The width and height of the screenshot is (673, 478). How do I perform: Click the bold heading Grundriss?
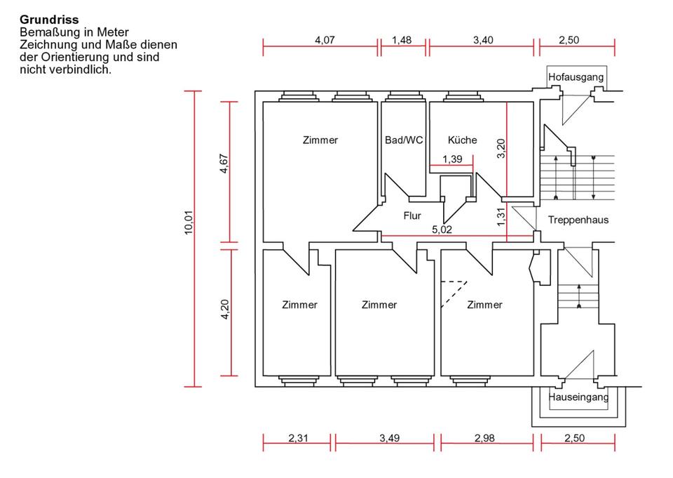pyautogui.click(x=49, y=20)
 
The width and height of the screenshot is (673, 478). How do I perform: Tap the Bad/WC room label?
pyautogui.click(x=404, y=140)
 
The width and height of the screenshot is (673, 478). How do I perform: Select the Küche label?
pyautogui.click(x=462, y=140)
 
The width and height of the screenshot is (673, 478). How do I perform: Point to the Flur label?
pyautogui.click(x=412, y=215)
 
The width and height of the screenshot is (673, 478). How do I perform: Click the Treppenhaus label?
pyautogui.click(x=578, y=220)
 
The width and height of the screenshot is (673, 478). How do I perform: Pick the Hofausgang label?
pyautogui.click(x=576, y=77)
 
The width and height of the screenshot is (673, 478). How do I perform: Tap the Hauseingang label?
pyautogui.click(x=578, y=397)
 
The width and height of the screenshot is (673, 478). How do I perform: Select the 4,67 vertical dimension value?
pyautogui.click(x=224, y=172)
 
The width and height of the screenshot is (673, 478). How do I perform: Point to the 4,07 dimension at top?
pyautogui.click(x=324, y=40)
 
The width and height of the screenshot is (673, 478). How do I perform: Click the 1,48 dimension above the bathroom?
pyautogui.click(x=402, y=40)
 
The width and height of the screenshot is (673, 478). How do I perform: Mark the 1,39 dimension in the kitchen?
pyautogui.click(x=452, y=159)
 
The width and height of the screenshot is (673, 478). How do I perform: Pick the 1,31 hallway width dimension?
pyautogui.click(x=501, y=218)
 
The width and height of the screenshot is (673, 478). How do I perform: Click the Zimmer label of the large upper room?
pyautogui.click(x=320, y=140)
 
